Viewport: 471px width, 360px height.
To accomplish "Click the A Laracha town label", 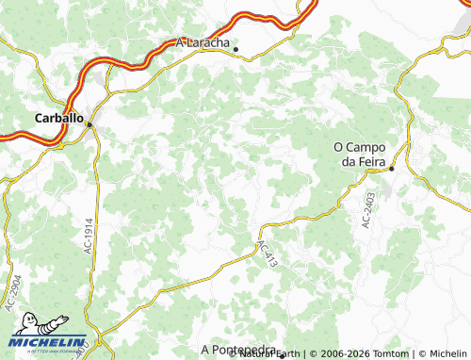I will [x=203, y=42].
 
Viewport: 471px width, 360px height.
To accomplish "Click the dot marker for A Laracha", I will [x=236, y=49].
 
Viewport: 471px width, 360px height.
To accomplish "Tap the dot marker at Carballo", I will [x=89, y=123].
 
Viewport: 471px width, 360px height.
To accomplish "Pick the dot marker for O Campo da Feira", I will [x=392, y=169].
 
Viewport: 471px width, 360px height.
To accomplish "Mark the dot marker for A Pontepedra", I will [x=281, y=355].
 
